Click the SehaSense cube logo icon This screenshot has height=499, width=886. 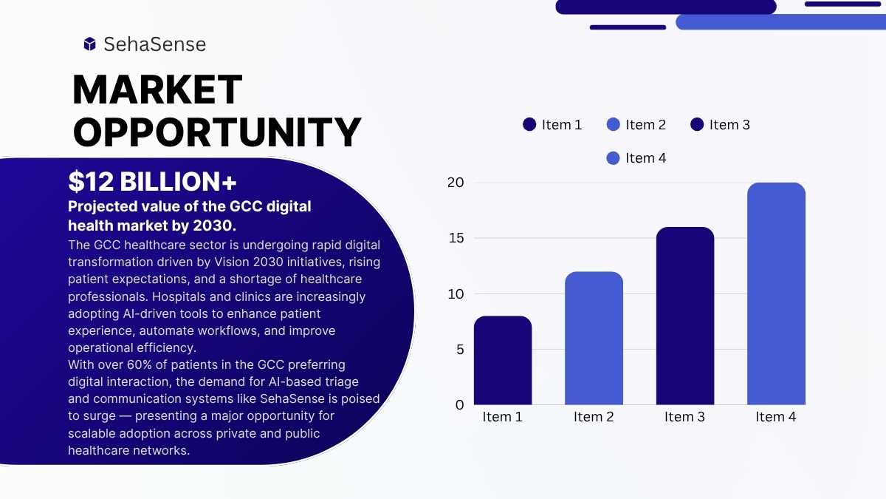pos(90,44)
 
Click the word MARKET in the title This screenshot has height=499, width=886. pos(157,90)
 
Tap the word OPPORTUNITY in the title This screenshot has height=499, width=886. pos(217,132)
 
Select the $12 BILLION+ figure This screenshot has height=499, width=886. pos(152,182)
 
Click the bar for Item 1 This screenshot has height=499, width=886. pos(503,361)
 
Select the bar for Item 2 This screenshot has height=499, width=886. pos(594,339)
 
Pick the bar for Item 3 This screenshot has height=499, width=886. pos(685,316)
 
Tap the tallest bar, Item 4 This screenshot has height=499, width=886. pos(776,293)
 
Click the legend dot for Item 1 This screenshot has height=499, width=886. pos(529,124)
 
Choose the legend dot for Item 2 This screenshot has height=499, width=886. pos(613,124)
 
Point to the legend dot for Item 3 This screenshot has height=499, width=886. pos(697,124)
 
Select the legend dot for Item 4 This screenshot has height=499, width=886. pos(613,158)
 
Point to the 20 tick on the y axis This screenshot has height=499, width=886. pos(456,183)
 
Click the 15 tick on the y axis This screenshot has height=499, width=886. pos(456,238)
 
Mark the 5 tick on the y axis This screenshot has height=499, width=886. pos(460,350)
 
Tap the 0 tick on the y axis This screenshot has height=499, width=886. pos(459,405)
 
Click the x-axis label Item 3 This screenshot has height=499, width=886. pos(684,417)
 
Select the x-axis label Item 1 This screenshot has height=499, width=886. pos(502,417)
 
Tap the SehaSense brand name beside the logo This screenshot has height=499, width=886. pos(154,44)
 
